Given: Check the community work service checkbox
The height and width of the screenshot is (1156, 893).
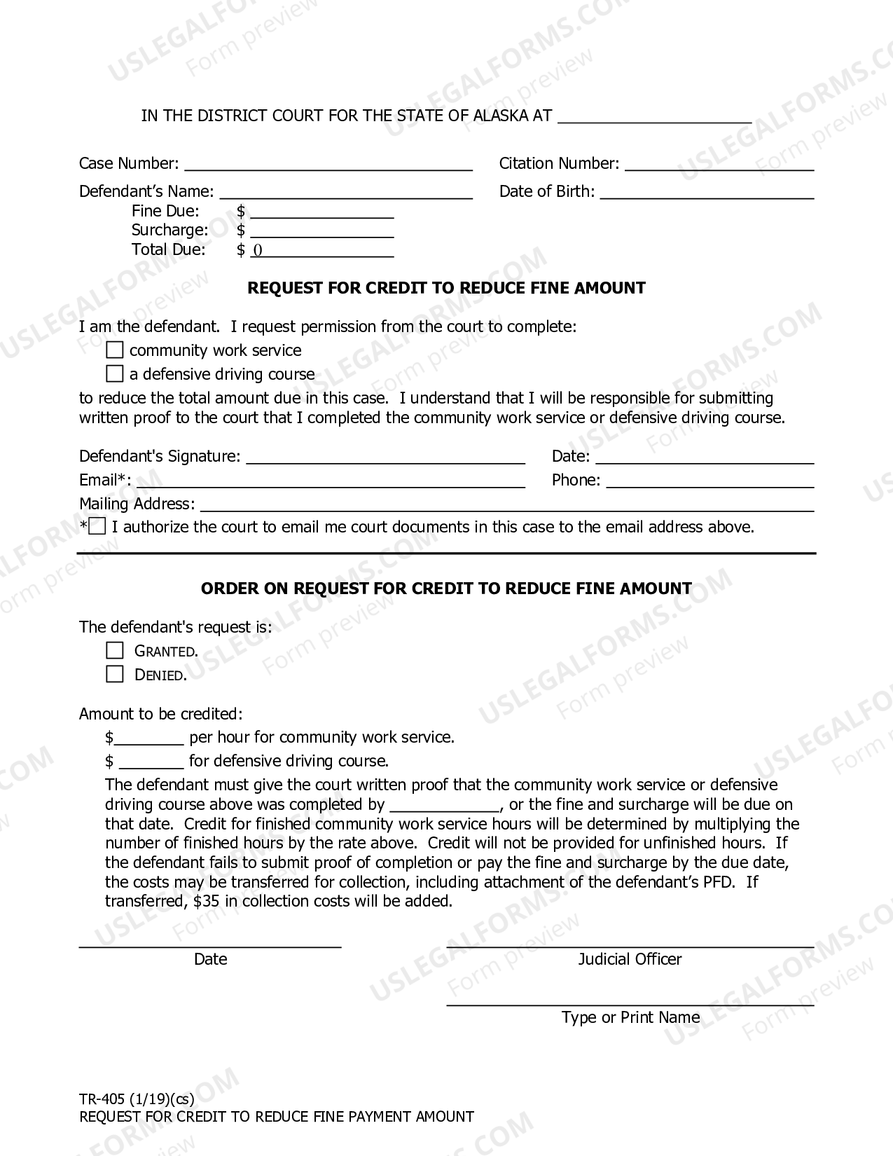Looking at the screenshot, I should click(x=114, y=350).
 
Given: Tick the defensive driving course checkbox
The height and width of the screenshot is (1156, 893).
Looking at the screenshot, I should click(x=114, y=373).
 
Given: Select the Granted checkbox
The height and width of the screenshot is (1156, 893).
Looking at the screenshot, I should click(x=114, y=650).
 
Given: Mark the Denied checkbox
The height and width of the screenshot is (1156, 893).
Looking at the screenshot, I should click(x=114, y=674).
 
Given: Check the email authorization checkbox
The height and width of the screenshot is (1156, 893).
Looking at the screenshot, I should click(x=97, y=526).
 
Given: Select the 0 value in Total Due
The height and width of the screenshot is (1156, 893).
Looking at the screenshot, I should click(x=257, y=251).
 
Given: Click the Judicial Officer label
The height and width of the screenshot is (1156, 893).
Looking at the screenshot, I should click(x=630, y=959).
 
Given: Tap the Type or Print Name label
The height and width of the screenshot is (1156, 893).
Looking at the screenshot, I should click(x=630, y=1017).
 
